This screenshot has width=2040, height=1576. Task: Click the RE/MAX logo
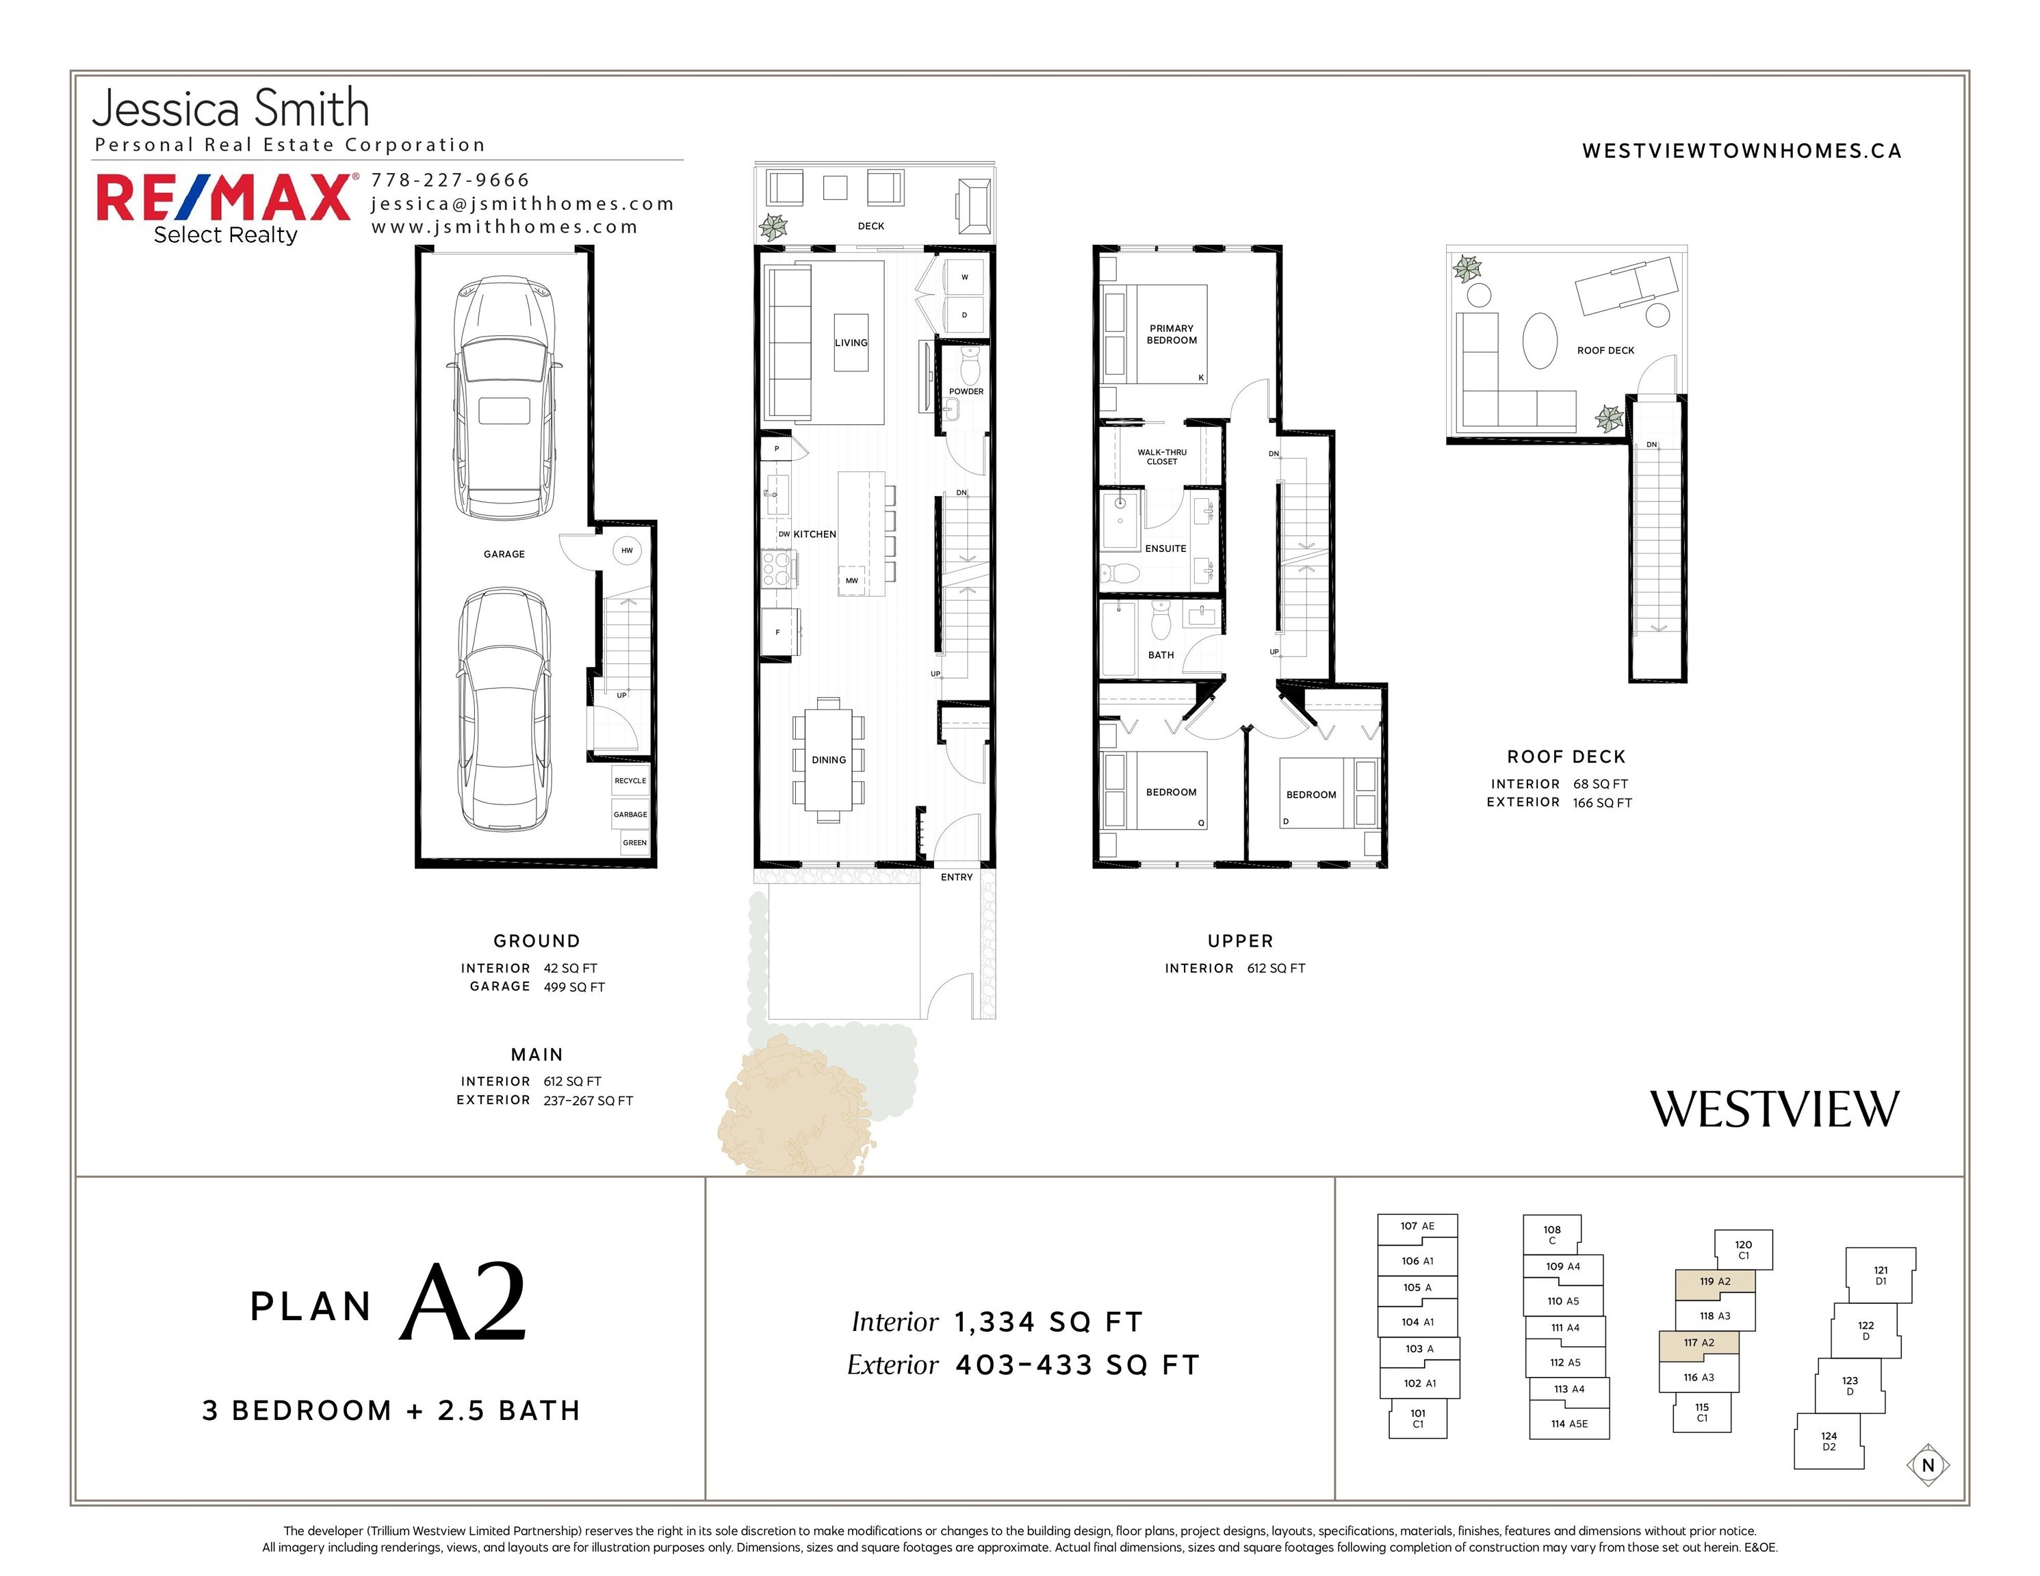[x=225, y=207]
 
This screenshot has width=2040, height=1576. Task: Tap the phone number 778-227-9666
[x=450, y=180]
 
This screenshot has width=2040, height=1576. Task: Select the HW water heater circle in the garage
[x=627, y=551]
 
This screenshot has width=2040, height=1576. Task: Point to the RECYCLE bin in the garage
[x=630, y=780]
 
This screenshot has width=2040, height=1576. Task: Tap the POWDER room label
[x=966, y=391]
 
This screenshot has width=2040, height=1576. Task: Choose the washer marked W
[x=965, y=277]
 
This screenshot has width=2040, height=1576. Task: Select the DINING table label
[x=829, y=760]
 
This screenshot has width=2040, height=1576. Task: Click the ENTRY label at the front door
[x=957, y=878]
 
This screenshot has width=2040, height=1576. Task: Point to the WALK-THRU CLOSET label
[x=1162, y=456]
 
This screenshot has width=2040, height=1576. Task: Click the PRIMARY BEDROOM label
[x=1172, y=334]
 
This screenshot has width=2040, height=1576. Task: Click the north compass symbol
[x=1928, y=1465]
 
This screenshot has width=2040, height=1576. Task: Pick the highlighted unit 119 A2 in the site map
[x=1715, y=1281]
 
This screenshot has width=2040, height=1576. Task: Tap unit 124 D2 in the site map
[x=1829, y=1441]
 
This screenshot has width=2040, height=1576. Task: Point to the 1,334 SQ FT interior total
[x=1048, y=1322]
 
